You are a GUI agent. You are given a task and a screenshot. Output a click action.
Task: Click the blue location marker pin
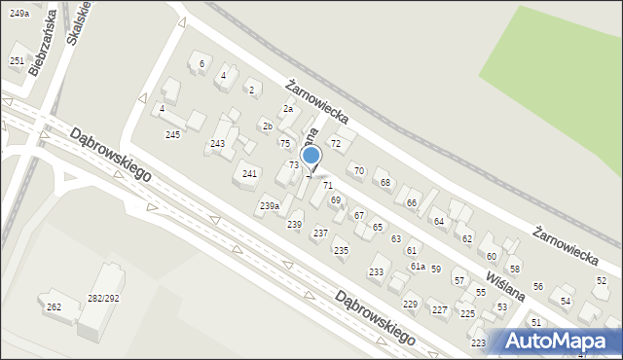[x=311, y=157]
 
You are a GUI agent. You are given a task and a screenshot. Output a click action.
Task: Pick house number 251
[x=17, y=60]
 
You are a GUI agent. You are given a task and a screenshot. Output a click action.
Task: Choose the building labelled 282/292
[x=103, y=298]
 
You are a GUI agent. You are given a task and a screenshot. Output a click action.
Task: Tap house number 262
[x=55, y=307]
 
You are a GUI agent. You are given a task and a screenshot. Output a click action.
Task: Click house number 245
[x=173, y=134]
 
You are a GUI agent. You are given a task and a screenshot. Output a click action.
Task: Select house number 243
[x=218, y=144]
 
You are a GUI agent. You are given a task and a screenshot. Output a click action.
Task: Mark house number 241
[x=249, y=174]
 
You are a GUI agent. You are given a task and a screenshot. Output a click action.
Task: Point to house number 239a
[x=270, y=206]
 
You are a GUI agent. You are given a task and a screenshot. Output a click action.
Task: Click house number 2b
[x=267, y=126]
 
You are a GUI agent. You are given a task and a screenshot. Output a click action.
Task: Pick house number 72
[x=335, y=144]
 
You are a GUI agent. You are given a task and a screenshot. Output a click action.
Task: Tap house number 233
[x=376, y=271]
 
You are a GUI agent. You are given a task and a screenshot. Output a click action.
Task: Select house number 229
[x=411, y=305]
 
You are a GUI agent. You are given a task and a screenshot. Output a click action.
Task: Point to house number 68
[x=385, y=182]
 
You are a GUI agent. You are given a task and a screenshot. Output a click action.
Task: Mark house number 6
[x=202, y=64]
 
